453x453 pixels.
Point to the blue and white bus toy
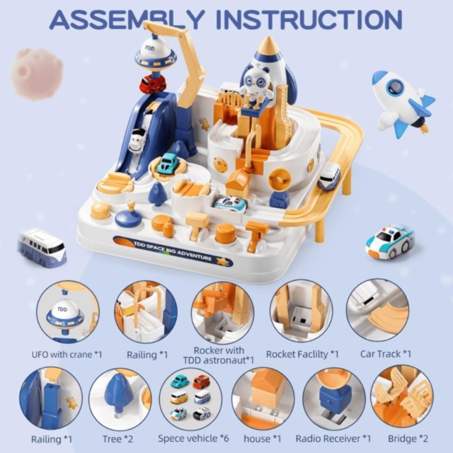click(42, 247)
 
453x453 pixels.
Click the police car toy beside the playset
click(389, 241)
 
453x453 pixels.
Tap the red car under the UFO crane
click(152, 84)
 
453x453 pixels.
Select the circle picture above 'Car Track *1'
click(377, 311)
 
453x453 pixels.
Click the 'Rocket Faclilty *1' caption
click(302, 354)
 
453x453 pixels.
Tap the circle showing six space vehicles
click(190, 398)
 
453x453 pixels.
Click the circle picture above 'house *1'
click(263, 398)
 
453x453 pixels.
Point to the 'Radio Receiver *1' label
click(333, 439)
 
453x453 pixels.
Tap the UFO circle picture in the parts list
click(67, 311)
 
